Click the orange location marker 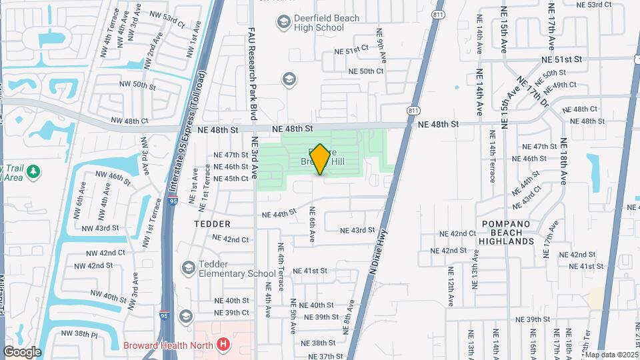point(319,159)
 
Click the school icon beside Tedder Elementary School point(188,267)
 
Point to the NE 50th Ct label point(362,71)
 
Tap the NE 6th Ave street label point(311,224)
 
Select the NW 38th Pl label point(79,333)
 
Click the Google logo point(22,352)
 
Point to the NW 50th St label point(135,85)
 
